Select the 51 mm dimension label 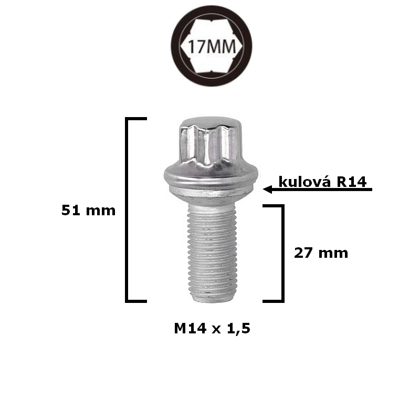(88, 211)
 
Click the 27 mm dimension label (321, 253)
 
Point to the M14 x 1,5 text (212, 329)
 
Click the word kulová (305, 182)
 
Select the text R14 (354, 182)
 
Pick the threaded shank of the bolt (210, 247)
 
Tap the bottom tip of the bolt (210, 299)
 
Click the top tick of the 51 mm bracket (136, 120)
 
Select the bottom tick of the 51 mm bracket (136, 301)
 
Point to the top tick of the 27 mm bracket (273, 205)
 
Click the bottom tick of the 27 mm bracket (273, 301)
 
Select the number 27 (302, 253)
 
